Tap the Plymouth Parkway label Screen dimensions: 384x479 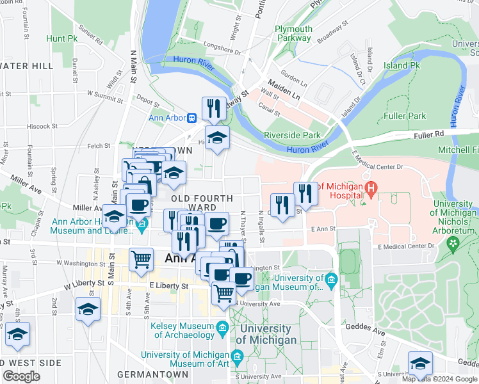293,33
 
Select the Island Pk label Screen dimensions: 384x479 402,65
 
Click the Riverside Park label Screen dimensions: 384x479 292,135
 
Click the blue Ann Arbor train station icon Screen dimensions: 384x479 191,118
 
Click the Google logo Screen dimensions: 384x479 21,376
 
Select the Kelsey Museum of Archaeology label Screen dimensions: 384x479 183,330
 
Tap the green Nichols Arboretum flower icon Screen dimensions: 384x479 455,243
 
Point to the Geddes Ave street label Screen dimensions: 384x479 366,328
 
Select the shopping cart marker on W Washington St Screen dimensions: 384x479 142,259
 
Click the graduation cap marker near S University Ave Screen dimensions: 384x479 420,363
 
